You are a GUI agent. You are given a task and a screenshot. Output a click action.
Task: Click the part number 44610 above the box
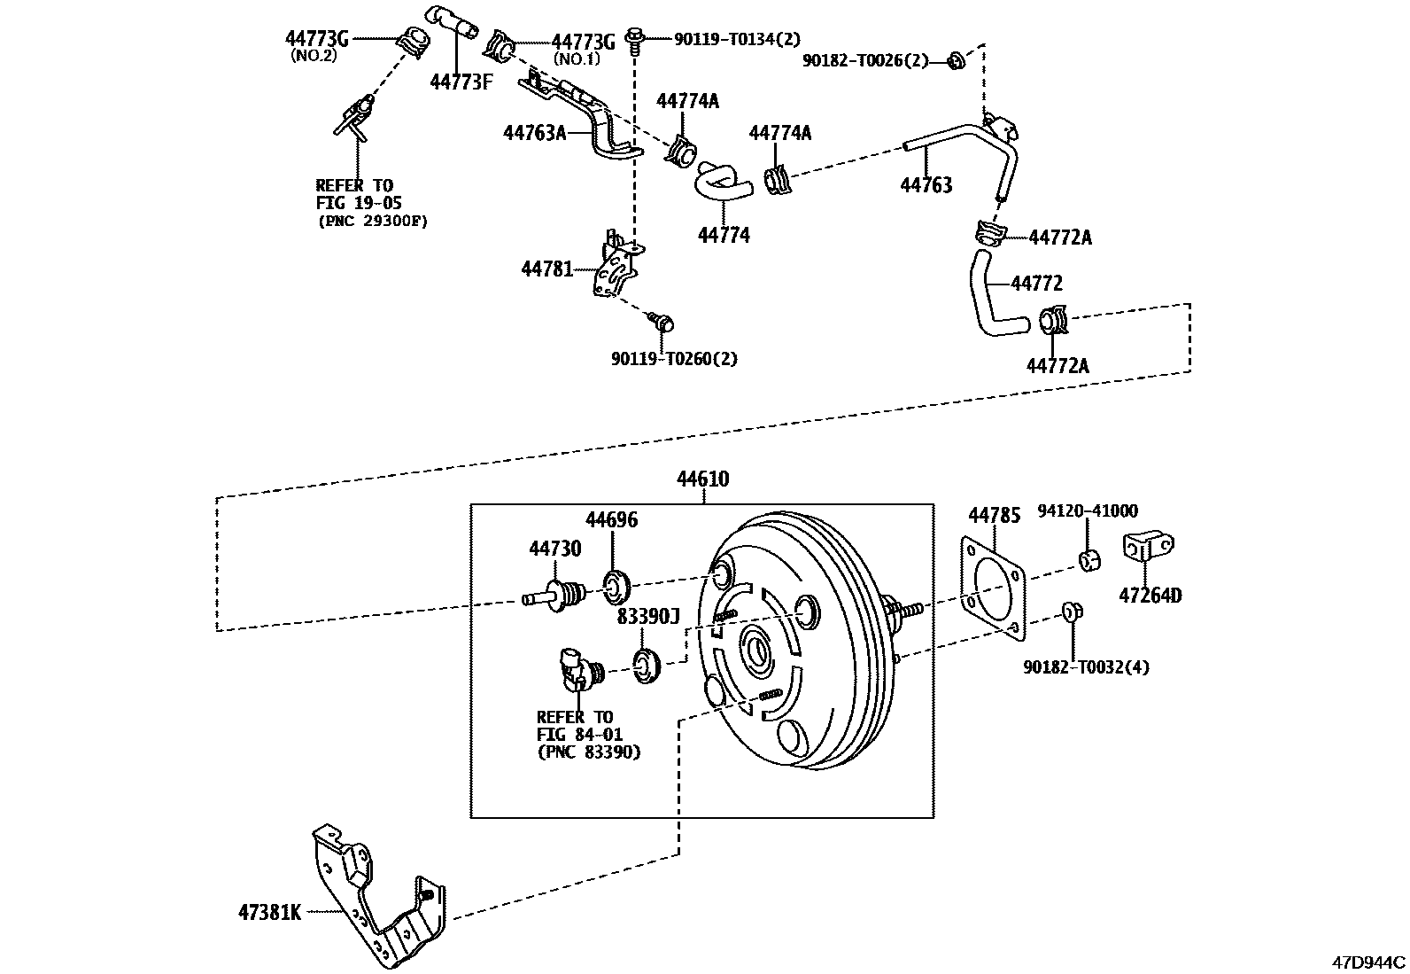[x=702, y=479]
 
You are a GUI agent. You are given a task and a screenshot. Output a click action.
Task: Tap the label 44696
[x=611, y=519]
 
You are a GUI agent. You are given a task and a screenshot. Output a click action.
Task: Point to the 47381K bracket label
[x=269, y=911]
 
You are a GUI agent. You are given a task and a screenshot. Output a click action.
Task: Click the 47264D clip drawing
[x=1149, y=547]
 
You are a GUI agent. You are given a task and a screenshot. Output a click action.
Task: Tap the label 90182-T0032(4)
[x=1086, y=666]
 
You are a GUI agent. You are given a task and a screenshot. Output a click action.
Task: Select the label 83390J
[x=647, y=616]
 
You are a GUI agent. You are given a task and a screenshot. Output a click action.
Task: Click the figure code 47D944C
[x=1369, y=962]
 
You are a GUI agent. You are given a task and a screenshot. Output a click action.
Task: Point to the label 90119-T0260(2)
[x=674, y=358]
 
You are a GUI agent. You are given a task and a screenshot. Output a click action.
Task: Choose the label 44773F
[x=461, y=82]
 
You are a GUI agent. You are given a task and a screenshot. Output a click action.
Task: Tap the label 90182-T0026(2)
[x=865, y=60]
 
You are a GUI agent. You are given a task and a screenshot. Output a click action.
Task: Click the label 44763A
[x=534, y=133]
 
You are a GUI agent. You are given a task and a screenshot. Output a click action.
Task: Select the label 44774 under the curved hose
[x=724, y=235]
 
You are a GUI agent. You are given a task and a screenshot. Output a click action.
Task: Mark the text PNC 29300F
[x=372, y=222]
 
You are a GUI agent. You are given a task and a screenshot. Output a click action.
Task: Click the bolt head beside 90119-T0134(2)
[x=634, y=38]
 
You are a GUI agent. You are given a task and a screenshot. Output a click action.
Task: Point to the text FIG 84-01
[x=579, y=734]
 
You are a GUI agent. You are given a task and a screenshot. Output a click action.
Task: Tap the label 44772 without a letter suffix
[x=1036, y=284]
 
